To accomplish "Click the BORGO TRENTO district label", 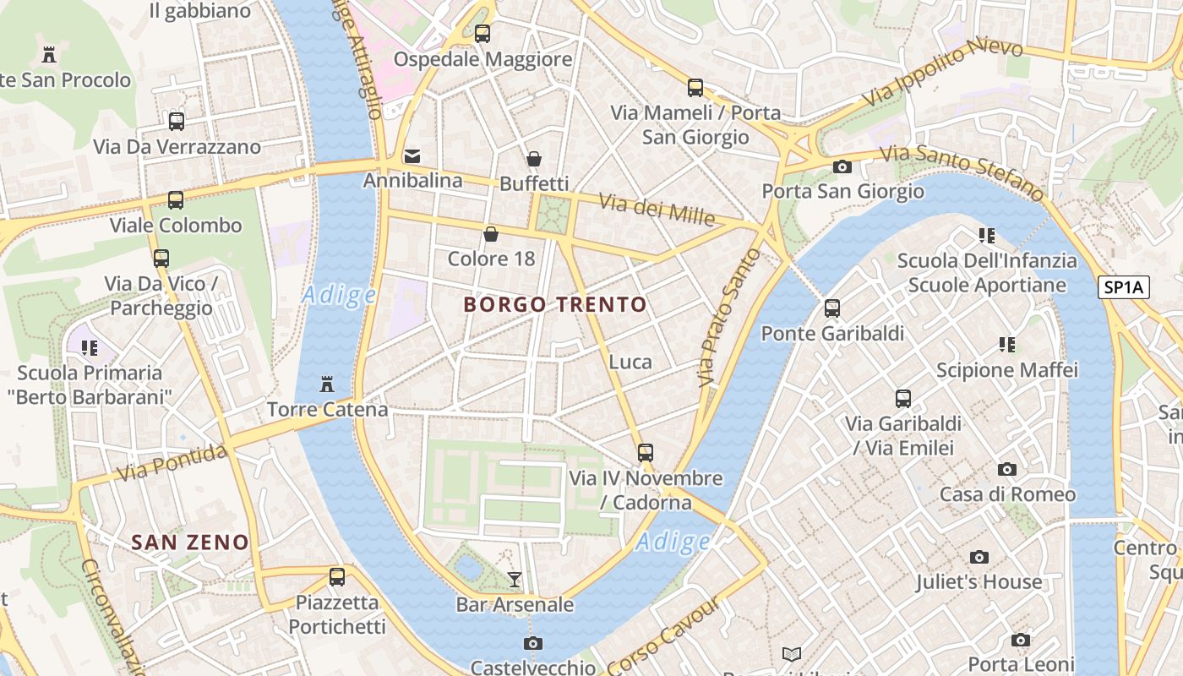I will coord(555,304).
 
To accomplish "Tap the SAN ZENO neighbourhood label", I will coord(190,542).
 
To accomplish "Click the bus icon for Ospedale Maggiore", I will coord(482,34).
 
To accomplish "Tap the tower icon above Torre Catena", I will coord(327,385).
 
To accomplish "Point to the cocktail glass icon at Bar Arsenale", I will coord(514,579).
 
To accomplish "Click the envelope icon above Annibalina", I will coord(412,155).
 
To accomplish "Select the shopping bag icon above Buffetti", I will coord(534,159).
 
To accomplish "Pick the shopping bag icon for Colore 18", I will coord(491,234).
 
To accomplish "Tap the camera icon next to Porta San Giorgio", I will coord(842,166).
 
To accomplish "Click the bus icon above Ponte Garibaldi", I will coord(832,308).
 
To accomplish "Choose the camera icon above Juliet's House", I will coord(979,557).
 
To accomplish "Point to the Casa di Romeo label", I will coord(1007,493).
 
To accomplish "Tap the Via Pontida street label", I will coord(172,462).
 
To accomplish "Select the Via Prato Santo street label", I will coord(718,319).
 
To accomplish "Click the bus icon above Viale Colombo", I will coord(176,200).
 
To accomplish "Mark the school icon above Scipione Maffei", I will coord(1007,344).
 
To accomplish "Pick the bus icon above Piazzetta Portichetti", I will coord(337,577).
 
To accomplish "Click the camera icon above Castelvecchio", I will coord(532,644).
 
